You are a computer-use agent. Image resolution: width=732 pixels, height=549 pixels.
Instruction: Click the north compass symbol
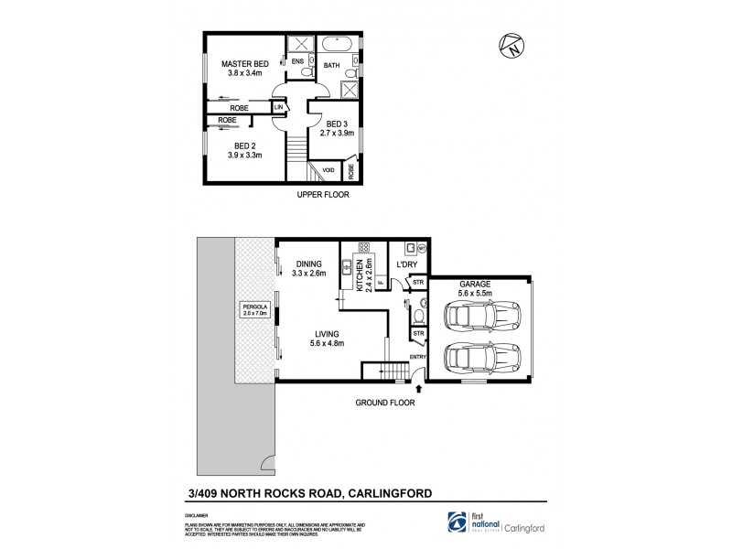(x=511, y=47)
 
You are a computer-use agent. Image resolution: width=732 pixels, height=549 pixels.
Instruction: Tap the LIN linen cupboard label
(x=278, y=108)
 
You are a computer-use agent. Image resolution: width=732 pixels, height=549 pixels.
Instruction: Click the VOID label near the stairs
(x=328, y=171)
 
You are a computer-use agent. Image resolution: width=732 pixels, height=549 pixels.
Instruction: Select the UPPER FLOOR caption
(x=323, y=195)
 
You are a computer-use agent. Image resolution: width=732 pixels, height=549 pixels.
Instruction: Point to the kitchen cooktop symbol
(x=363, y=247)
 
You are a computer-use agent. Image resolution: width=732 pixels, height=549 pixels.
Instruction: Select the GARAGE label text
(x=476, y=285)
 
